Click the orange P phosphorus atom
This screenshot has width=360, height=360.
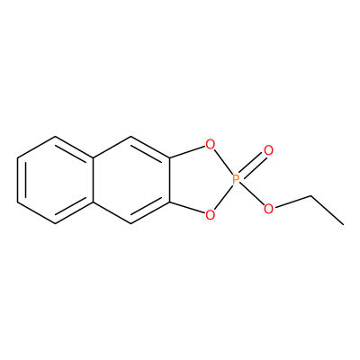[x=236, y=180]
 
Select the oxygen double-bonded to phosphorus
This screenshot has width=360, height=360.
[x=268, y=150]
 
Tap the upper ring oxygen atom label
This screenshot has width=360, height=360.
[x=210, y=145]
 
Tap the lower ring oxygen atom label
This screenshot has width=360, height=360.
[x=210, y=214]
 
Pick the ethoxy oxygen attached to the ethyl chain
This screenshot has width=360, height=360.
[x=268, y=209]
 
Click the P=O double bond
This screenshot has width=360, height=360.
[x=252, y=165]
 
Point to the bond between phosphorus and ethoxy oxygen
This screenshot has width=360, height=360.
[x=252, y=194]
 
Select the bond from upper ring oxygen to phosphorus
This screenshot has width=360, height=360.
[x=223, y=162]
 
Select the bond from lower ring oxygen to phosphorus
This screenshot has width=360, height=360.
[x=223, y=197]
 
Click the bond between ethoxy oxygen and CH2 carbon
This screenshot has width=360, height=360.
[x=292, y=202]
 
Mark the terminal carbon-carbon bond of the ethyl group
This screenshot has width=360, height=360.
[x=327, y=210]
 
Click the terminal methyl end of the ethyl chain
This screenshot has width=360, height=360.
[x=343, y=224]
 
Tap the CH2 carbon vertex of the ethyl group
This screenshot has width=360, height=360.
[x=310, y=196]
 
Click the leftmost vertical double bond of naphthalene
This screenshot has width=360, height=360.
[x=22, y=180]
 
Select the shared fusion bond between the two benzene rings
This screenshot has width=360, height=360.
[x=94, y=180]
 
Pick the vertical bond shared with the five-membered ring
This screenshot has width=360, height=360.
[x=169, y=180]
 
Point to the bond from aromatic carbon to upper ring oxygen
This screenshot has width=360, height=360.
[x=187, y=152]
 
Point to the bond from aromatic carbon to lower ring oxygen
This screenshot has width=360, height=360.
[x=187, y=208]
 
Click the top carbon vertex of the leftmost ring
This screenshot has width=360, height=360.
[x=56, y=136]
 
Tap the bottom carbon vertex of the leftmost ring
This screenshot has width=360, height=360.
[x=56, y=223]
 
